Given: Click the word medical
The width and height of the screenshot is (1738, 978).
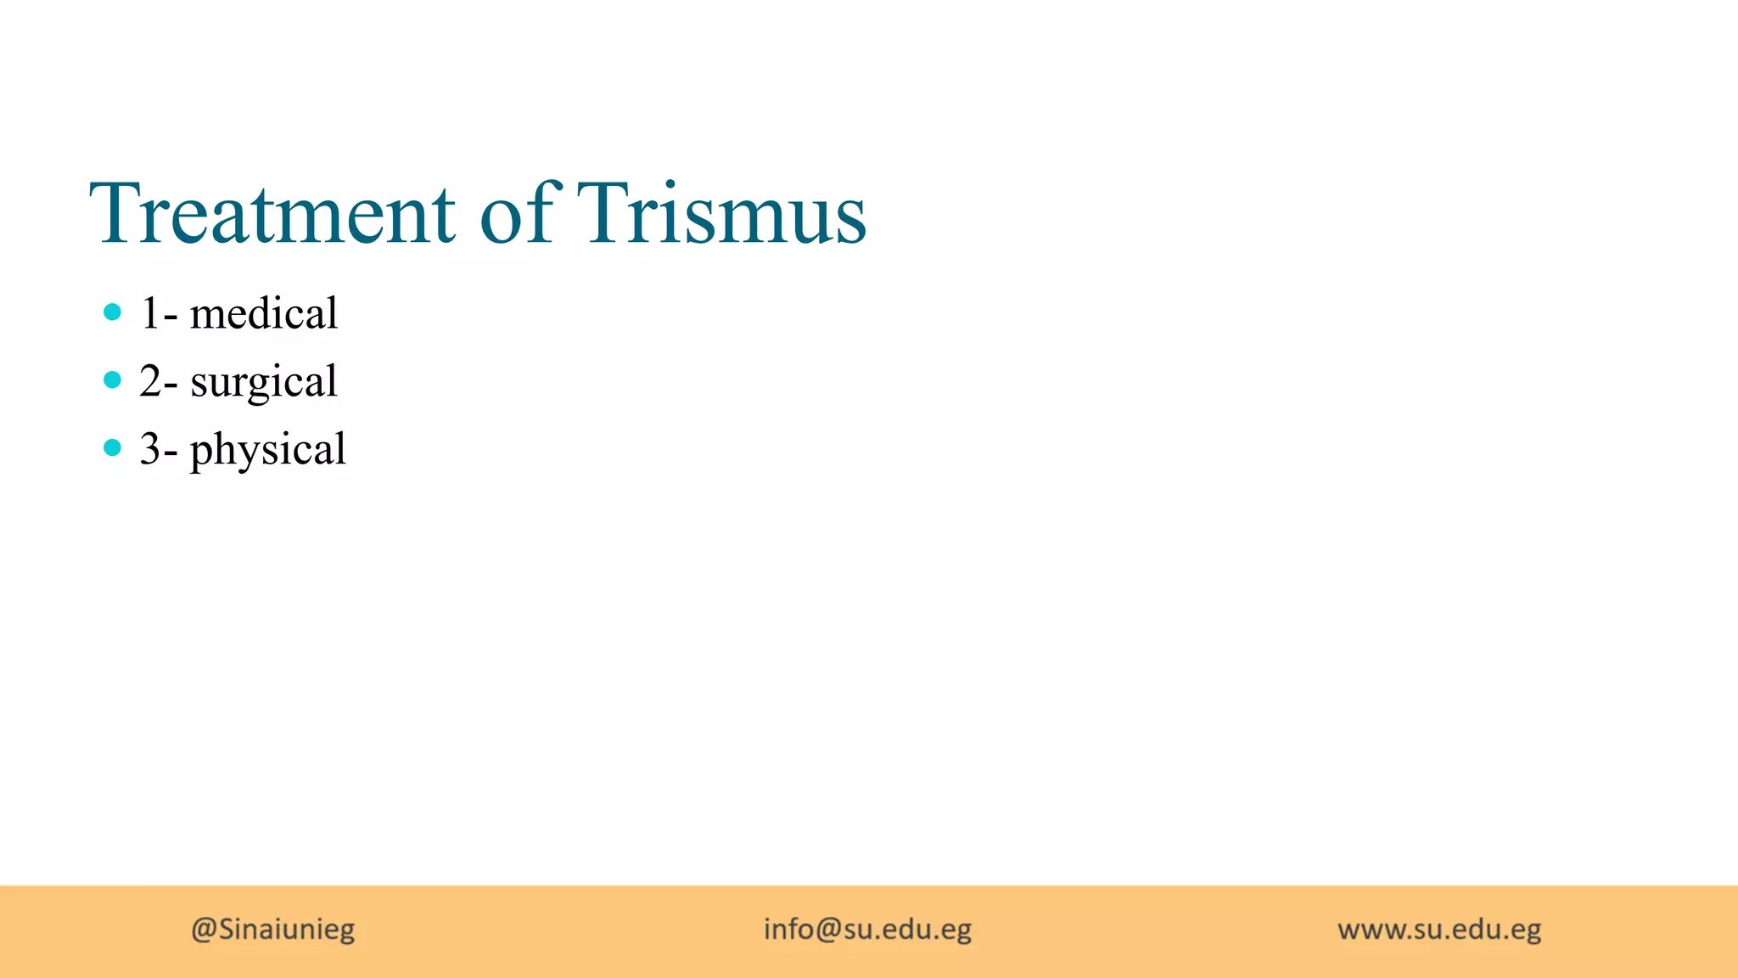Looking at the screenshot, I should pyautogui.click(x=264, y=313).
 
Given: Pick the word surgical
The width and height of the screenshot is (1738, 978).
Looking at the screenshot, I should pyautogui.click(x=264, y=382).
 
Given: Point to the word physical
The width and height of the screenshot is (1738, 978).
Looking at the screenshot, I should pyautogui.click(x=268, y=450).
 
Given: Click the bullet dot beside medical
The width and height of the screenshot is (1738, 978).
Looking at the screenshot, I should pyautogui.click(x=112, y=312).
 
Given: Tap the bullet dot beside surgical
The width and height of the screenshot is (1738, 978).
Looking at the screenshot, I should pyautogui.click(x=112, y=379).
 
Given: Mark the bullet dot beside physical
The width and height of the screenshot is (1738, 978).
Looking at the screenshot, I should pyautogui.click(x=112, y=447).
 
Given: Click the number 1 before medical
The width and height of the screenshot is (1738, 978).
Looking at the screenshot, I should pyautogui.click(x=150, y=313).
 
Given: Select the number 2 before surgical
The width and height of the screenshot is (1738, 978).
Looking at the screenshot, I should pyautogui.click(x=150, y=381).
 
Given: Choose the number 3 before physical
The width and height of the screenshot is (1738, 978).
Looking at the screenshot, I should pyautogui.click(x=150, y=449).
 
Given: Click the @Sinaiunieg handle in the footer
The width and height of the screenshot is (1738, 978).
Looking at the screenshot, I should pyautogui.click(x=273, y=929).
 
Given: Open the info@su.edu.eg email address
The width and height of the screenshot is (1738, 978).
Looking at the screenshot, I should pyautogui.click(x=867, y=929).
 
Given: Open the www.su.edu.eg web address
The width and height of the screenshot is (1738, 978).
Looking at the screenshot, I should pyautogui.click(x=1439, y=930).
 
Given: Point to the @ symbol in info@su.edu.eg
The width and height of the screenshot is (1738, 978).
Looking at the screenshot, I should pyautogui.click(x=828, y=930).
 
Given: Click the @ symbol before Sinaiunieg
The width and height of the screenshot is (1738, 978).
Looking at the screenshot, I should pyautogui.click(x=204, y=930).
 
